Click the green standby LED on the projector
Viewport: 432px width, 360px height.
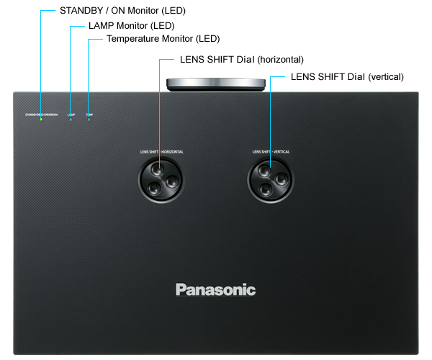pyautogui.click(x=41, y=119)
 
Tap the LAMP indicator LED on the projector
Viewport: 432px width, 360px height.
pyautogui.click(x=71, y=119)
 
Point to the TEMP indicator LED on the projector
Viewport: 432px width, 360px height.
pyautogui.click(x=89, y=119)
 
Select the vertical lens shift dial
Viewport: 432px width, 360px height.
pyautogui.click(x=271, y=179)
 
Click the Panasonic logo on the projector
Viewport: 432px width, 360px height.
pyautogui.click(x=215, y=289)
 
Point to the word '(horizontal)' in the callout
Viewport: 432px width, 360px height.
pyautogui.click(x=280, y=60)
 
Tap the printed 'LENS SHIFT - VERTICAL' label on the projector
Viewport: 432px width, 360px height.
pyautogui.click(x=271, y=152)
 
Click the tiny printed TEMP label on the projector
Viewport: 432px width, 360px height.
pyautogui.click(x=89, y=114)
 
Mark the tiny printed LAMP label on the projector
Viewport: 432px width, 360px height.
pyautogui.click(x=71, y=114)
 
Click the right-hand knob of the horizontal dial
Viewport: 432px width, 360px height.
pyautogui.click(x=171, y=182)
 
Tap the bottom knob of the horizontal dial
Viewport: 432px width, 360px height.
pyautogui.click(x=155, y=189)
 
